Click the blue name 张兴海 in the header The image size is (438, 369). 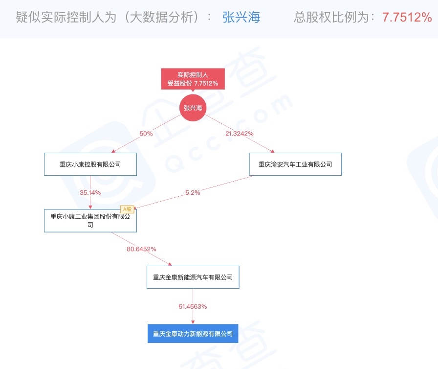pyautogui.click(x=241, y=17)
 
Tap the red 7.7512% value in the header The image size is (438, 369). pyautogui.click(x=407, y=17)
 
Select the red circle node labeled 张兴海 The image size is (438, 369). pyautogui.click(x=193, y=108)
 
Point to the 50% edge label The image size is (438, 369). pyautogui.click(x=146, y=134)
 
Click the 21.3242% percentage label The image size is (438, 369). pyautogui.click(x=240, y=134)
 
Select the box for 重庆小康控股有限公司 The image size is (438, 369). pyautogui.click(x=90, y=164)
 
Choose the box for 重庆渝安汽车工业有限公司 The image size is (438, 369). pyautogui.click(x=295, y=164)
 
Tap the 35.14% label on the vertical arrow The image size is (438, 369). pyautogui.click(x=90, y=193)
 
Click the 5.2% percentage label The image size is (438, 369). pyautogui.click(x=193, y=193)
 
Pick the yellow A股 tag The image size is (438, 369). pyautogui.click(x=127, y=209)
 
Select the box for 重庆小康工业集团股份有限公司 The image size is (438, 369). pyautogui.click(x=90, y=221)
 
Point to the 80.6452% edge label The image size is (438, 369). pyautogui.click(x=141, y=249)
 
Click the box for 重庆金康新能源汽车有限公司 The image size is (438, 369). pyautogui.click(x=193, y=277)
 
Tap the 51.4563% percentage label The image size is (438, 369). pyautogui.click(x=193, y=307)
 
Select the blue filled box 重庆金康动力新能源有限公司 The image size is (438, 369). pyautogui.click(x=193, y=333)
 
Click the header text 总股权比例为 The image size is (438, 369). pyautogui.click(x=331, y=17)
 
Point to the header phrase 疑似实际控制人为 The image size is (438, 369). pyautogui.click(x=66, y=17)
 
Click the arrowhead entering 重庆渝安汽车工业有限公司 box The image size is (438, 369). pyautogui.click(x=272, y=151)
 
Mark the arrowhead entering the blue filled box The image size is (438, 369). pyautogui.click(x=193, y=323)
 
